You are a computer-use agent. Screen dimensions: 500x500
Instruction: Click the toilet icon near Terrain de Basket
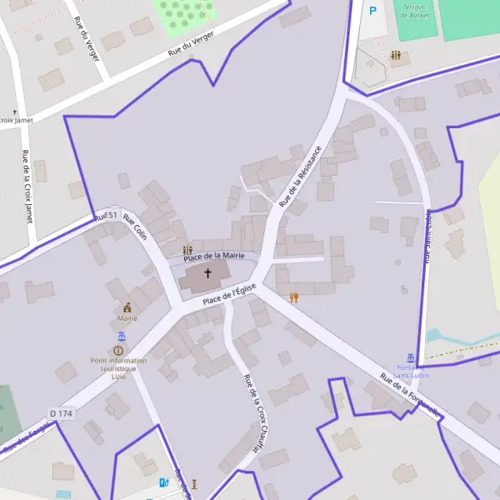[x=395, y=56]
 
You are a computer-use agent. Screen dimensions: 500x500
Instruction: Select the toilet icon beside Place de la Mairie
[x=187, y=250]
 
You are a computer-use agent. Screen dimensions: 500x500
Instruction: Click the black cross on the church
[x=207, y=273]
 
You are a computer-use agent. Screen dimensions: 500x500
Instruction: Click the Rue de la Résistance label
[x=300, y=176]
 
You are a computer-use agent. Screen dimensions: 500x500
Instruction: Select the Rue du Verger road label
[x=192, y=42]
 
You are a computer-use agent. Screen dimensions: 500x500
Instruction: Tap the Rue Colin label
[x=135, y=227]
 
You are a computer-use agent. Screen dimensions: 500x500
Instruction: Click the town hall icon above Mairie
[x=127, y=307]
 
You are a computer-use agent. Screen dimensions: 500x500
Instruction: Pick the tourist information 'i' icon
[x=117, y=351]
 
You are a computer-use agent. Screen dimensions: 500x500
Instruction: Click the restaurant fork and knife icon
[x=293, y=297]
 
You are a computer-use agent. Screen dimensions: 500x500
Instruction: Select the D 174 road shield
[x=62, y=413]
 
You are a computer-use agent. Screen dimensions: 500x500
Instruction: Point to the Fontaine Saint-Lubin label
[x=410, y=371]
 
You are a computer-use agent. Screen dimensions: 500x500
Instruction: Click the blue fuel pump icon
[x=163, y=482]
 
